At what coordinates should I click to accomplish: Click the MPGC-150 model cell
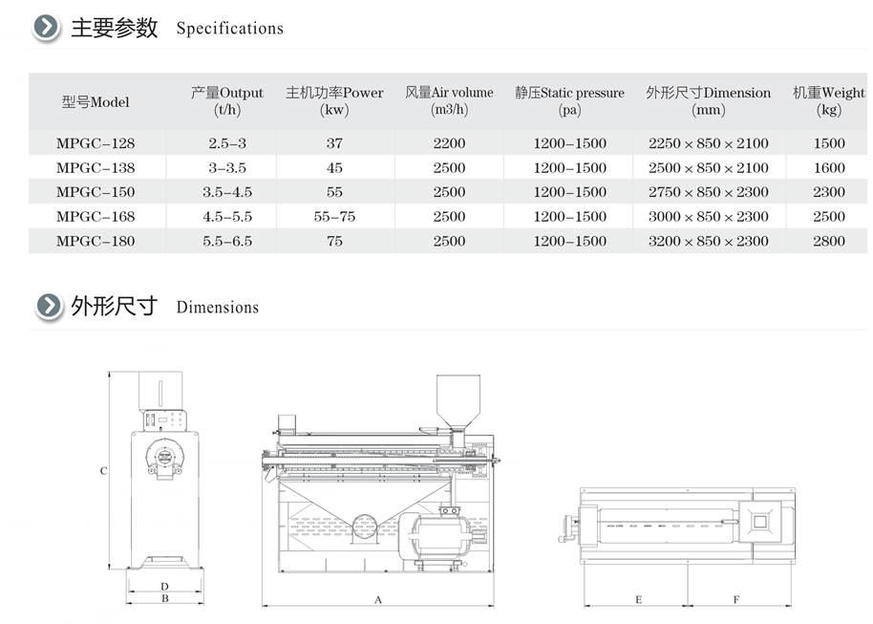click(96, 192)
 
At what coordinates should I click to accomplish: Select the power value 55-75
click(334, 217)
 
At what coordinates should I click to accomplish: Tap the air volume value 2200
click(449, 143)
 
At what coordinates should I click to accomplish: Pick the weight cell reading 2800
click(829, 241)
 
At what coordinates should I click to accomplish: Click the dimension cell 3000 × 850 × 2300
click(708, 217)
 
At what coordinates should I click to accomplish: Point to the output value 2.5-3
click(227, 143)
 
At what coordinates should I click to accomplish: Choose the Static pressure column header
click(569, 101)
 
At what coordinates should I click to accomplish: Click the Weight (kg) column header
click(829, 101)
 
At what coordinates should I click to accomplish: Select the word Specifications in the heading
click(230, 29)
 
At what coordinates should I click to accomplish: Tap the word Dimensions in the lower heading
click(218, 308)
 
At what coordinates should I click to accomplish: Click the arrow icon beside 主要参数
click(46, 27)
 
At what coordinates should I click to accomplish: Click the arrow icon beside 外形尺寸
click(49, 306)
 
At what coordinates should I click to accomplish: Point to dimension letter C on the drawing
click(103, 471)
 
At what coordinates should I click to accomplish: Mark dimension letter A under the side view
click(378, 600)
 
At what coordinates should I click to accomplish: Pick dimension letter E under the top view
click(639, 599)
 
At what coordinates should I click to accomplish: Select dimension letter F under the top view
click(736, 599)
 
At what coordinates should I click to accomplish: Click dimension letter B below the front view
click(165, 598)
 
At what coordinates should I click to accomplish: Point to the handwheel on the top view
click(568, 528)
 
